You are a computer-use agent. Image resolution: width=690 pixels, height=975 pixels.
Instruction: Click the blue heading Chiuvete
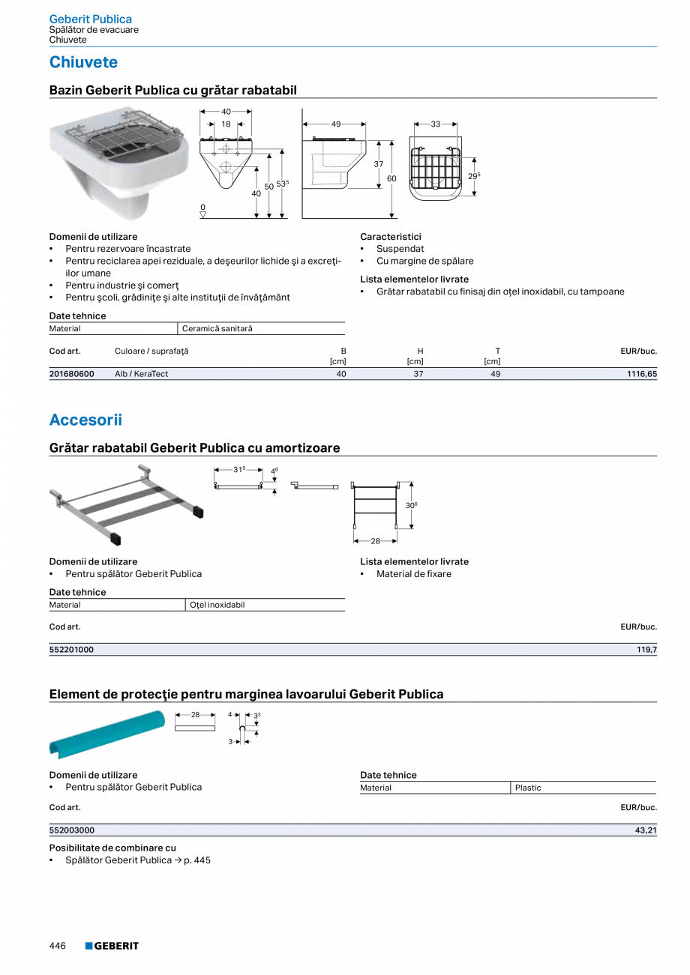point(83,62)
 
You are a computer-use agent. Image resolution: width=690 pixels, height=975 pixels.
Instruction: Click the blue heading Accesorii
point(85,420)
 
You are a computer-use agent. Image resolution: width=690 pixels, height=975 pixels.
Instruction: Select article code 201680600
point(72,373)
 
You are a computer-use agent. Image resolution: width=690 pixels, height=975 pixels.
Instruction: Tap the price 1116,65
point(641,373)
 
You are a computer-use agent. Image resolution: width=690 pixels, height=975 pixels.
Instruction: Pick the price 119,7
point(646,650)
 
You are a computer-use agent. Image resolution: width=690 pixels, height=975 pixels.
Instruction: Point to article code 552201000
point(72,650)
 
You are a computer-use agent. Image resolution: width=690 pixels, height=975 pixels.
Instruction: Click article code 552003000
point(72,830)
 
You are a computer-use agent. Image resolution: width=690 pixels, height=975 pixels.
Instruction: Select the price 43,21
point(645,830)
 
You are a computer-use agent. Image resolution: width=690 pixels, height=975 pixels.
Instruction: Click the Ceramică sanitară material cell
point(217,329)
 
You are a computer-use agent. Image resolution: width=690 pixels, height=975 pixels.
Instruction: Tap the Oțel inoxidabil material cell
point(217,605)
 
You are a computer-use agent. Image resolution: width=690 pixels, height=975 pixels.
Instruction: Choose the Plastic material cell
point(528,788)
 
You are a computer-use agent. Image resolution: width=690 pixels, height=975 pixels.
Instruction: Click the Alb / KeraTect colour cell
point(142,373)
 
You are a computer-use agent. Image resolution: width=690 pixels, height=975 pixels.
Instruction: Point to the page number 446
point(58,946)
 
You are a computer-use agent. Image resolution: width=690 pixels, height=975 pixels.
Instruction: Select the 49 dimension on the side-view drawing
point(335,124)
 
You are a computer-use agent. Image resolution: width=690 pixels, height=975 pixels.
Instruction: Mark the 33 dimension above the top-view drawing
point(436,124)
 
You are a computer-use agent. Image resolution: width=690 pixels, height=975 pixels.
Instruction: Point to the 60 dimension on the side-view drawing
point(391,178)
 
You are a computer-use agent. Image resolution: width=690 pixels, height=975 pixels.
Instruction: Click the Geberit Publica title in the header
point(90,19)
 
